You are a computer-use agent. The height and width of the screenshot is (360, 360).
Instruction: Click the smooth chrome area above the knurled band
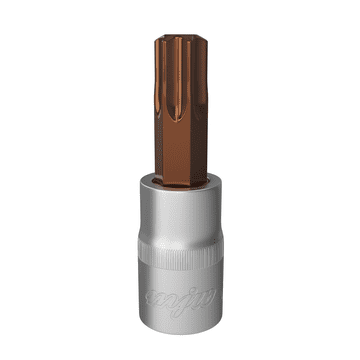tap(180, 225)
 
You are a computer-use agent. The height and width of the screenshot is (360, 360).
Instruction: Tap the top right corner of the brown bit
tap(202, 43)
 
